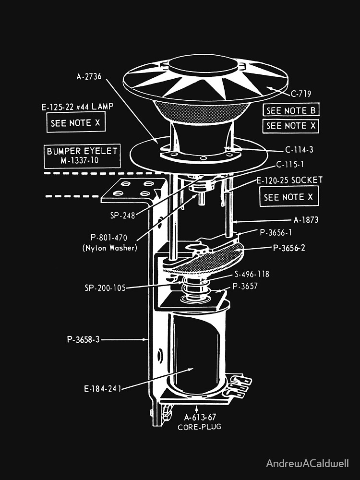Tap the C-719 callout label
(x=301, y=93)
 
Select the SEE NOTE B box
(x=291, y=110)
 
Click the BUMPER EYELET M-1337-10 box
(x=82, y=156)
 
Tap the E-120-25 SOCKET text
(x=289, y=180)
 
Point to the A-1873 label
(x=306, y=220)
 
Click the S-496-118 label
(x=252, y=275)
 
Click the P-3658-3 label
(x=84, y=339)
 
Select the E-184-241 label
(x=102, y=389)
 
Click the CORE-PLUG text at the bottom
(x=199, y=426)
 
